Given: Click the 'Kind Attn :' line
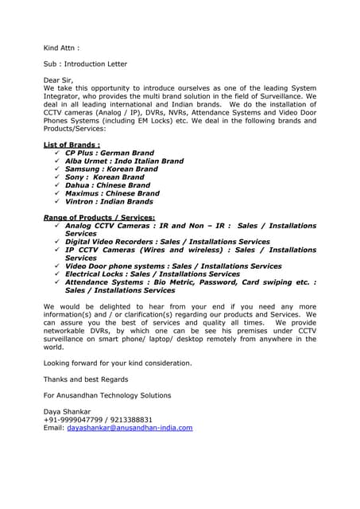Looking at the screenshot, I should (61, 48).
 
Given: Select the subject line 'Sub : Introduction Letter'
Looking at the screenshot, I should (85, 64).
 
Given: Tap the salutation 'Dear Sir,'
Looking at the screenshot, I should (60, 80).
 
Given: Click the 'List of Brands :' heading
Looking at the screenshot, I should (72, 145).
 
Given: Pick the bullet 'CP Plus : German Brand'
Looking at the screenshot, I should (110, 153).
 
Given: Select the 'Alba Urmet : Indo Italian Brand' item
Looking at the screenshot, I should (124, 161).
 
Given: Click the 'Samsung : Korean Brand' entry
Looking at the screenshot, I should (111, 169).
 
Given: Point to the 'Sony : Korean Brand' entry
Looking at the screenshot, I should (104, 177).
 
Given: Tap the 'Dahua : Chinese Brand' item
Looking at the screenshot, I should (107, 185).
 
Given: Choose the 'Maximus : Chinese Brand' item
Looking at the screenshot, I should (112, 193).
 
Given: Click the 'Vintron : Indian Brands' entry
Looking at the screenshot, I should (109, 201).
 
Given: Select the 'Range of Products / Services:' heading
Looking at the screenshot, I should (99, 217).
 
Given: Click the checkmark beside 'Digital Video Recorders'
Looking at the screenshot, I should (57, 242).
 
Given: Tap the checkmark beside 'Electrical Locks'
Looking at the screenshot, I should (57, 274).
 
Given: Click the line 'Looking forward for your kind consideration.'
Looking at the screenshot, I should (118, 363).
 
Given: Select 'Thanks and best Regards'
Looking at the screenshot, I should (85, 379).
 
